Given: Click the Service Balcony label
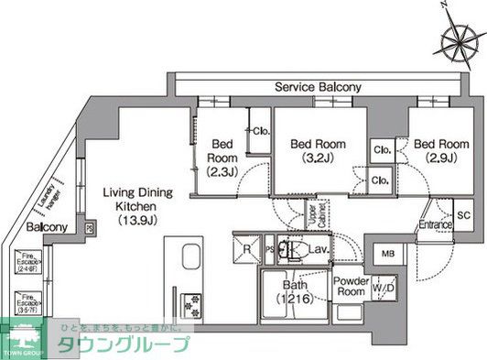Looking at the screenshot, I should [319, 87].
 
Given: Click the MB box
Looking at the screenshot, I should [387, 254].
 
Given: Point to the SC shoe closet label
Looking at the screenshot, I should [463, 215].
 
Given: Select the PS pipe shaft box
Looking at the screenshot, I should [269, 248].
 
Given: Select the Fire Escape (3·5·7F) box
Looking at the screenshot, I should [29, 302].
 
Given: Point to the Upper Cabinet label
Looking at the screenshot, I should [312, 217].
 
